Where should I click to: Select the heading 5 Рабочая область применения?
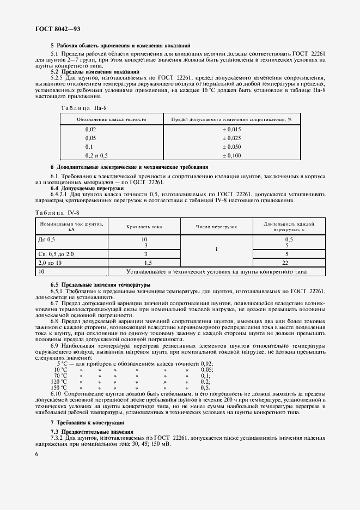click(120, 46)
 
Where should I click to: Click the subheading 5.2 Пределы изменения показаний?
click(95, 71)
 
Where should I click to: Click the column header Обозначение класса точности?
click(111, 118)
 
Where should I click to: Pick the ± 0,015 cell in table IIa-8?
click(231, 129)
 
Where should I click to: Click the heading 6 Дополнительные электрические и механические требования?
click(129, 167)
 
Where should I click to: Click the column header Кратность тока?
click(144, 226)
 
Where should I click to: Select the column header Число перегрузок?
click(216, 226)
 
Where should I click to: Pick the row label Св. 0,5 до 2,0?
click(56, 253)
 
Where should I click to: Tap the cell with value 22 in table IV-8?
click(289, 262)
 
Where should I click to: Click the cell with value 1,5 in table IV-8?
click(144, 262)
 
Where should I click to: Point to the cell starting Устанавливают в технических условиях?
click(216, 271)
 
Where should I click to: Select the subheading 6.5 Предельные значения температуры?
click(100, 285)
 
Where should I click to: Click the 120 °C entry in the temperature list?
click(60, 382)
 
